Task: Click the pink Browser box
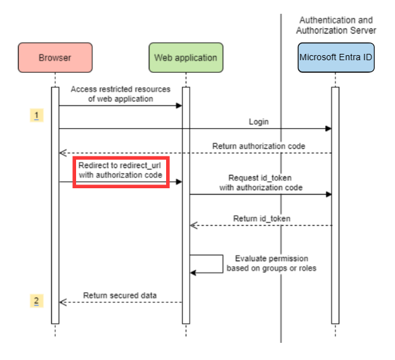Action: [55, 58]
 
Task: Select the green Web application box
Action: [186, 58]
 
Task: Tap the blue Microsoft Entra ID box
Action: [335, 58]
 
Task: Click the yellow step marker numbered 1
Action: [37, 115]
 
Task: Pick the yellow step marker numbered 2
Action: [37, 300]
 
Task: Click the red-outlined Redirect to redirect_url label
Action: [120, 170]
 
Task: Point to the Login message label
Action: [258, 121]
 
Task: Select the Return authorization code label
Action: [258, 146]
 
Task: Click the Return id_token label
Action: [262, 219]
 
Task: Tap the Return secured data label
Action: [120, 295]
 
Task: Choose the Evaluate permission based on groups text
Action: [271, 263]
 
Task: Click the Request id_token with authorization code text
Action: [261, 183]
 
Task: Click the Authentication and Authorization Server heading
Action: [337, 25]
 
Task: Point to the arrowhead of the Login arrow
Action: [328, 129]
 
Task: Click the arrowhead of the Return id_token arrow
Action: [194, 226]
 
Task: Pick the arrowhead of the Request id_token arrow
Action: [328, 194]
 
